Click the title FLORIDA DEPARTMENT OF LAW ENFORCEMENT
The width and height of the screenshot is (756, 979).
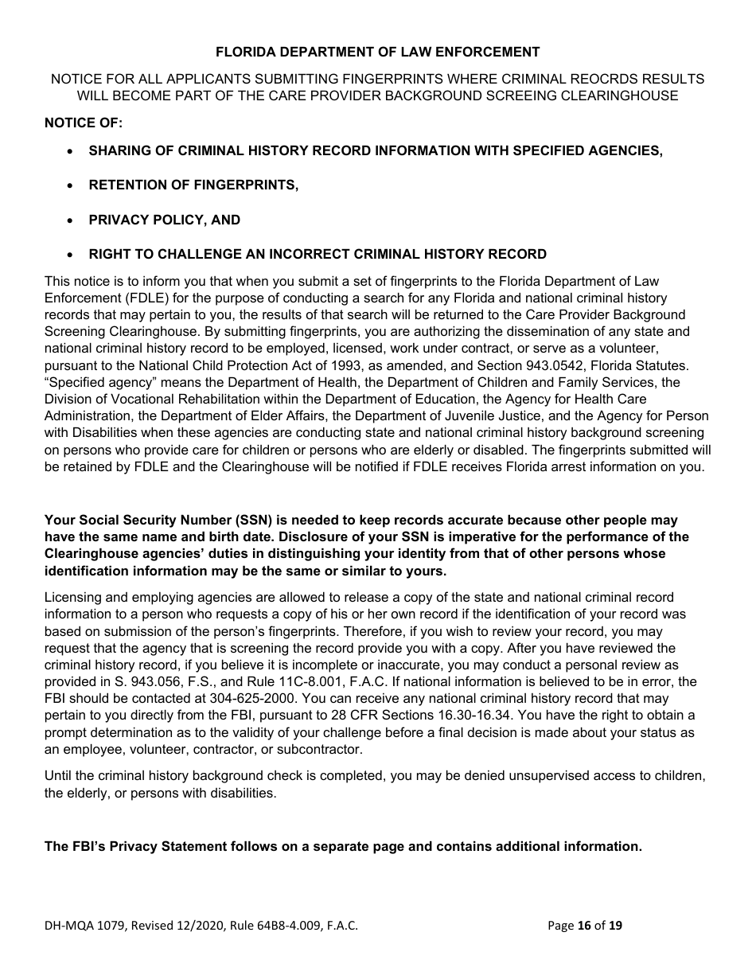click(377, 53)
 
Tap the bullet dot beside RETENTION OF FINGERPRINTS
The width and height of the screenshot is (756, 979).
click(72, 185)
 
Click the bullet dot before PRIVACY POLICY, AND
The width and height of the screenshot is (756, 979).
click(72, 220)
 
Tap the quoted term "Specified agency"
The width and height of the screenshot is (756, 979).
click(93, 382)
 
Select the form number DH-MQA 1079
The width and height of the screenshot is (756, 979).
click(85, 925)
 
